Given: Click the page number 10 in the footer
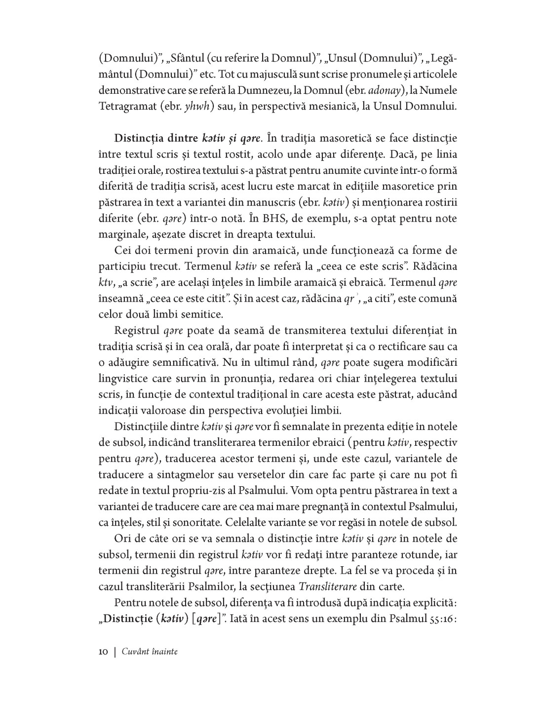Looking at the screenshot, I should coord(103,652).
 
